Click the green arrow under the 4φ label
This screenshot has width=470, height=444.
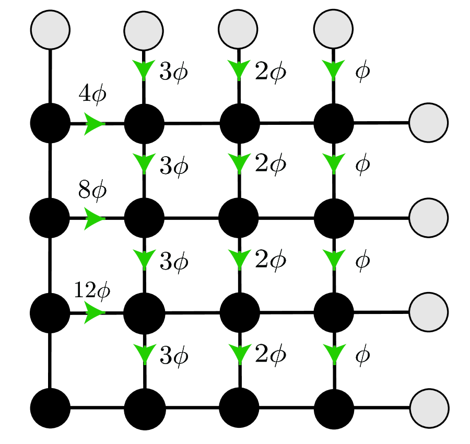pyautogui.click(x=94, y=124)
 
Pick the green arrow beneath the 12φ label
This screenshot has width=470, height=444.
pyautogui.click(x=94, y=313)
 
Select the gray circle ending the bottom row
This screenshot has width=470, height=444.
pyautogui.click(x=429, y=408)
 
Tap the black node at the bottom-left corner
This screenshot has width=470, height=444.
pyautogui.click(x=50, y=408)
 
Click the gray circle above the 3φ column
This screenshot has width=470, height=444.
pyautogui.click(x=144, y=30)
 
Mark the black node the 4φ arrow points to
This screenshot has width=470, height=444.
pyautogui.click(x=145, y=124)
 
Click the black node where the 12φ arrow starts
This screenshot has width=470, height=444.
pyautogui.click(x=50, y=313)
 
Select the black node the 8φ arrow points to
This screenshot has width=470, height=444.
pyautogui.click(x=145, y=218)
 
